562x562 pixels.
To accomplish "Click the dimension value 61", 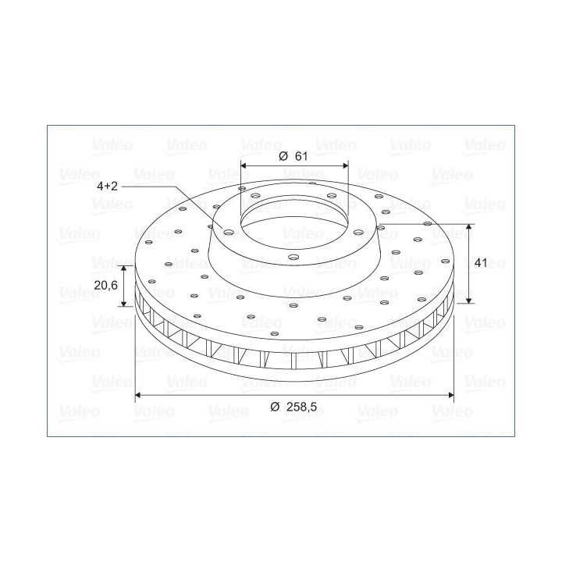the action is (x=301, y=156).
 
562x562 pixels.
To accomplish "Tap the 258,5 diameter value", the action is (x=301, y=407).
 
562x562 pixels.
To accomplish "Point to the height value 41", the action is (x=481, y=263).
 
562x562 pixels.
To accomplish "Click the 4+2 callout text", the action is (x=107, y=186).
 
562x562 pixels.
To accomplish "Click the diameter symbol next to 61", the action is (x=283, y=156).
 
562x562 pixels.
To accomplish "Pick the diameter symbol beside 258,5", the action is (x=275, y=407).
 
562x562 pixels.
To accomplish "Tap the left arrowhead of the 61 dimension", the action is (x=244, y=165).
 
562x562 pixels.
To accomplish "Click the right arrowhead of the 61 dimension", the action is (x=346, y=165).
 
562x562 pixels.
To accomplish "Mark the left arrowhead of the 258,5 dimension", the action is (x=138, y=395).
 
